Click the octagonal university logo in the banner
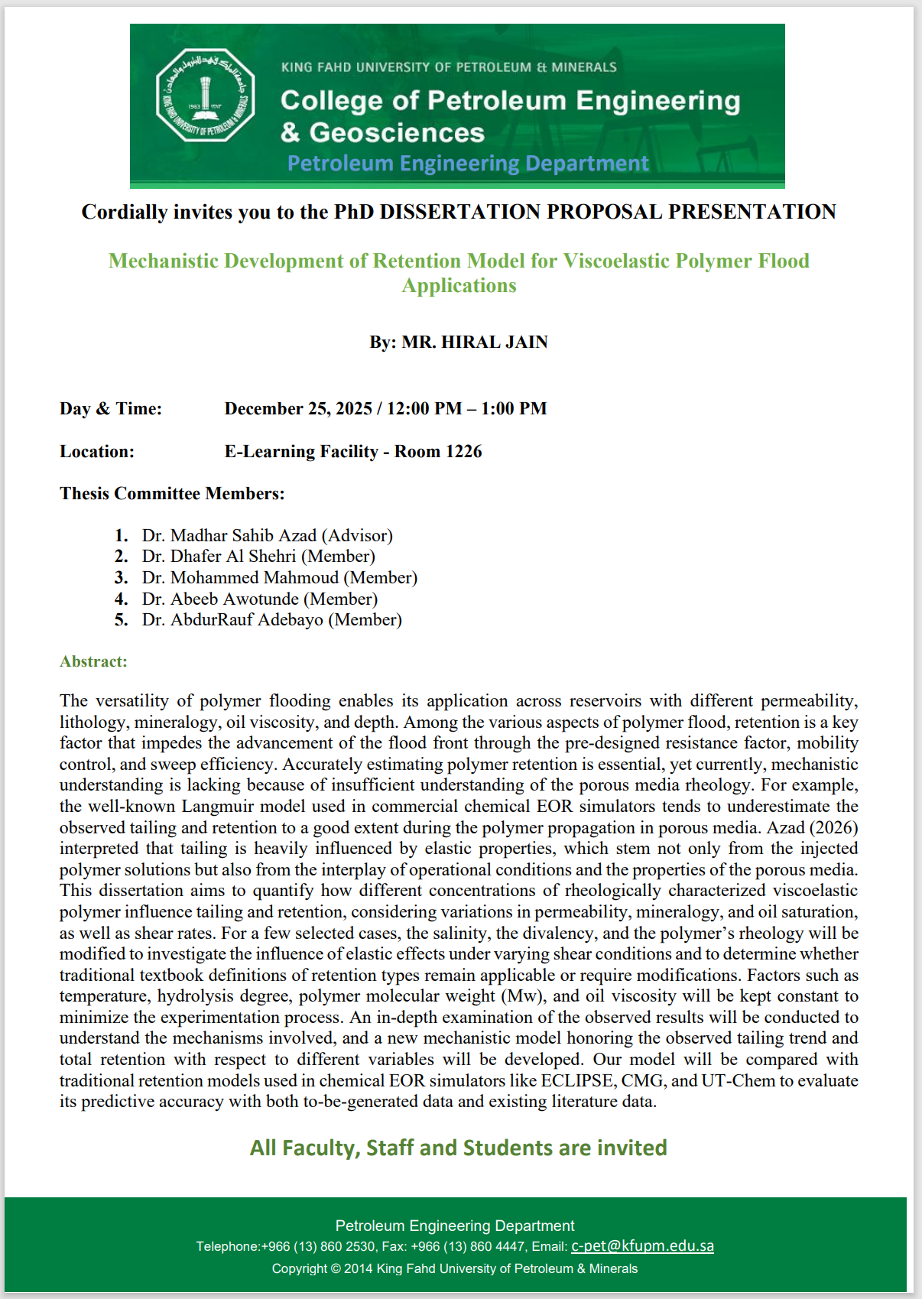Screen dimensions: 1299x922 point(205,96)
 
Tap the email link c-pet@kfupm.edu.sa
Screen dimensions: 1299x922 point(642,1245)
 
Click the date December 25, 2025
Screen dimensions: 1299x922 point(298,408)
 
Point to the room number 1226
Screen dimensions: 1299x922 point(463,451)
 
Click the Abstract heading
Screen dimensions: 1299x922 point(93,661)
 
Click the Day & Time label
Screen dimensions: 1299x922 point(111,408)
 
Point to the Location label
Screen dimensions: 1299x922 point(97,451)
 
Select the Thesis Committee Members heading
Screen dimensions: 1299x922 point(172,493)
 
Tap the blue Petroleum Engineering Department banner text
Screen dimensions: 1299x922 point(467,163)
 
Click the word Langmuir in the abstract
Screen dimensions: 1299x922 point(218,806)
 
